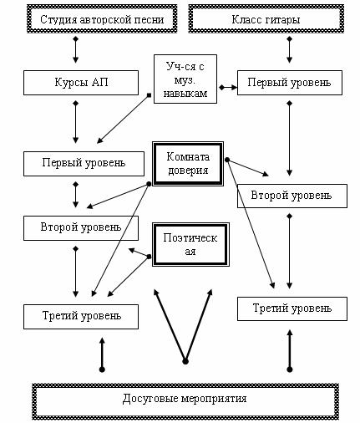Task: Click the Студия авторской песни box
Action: (102, 19)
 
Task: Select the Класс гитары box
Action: (266, 19)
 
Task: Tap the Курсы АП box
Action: (81, 83)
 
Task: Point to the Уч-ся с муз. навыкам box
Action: (185, 79)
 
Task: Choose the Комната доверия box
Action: (188, 164)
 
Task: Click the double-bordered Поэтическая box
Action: (190, 244)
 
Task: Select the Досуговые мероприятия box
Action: (185, 401)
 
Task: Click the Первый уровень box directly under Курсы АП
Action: (84, 164)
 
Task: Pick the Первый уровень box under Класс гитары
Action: (290, 83)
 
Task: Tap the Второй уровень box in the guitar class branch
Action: (292, 196)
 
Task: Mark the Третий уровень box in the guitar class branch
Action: (292, 308)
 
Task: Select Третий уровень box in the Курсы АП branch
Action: (81, 317)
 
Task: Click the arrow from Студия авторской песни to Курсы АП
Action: (75, 50)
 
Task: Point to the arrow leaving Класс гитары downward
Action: (290, 50)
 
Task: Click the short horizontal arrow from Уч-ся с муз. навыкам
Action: (228, 88)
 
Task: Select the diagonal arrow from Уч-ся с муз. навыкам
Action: (124, 120)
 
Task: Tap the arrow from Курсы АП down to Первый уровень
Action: (75, 122)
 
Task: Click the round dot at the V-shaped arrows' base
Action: (185, 362)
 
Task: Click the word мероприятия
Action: (214, 399)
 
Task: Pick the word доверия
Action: (188, 171)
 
